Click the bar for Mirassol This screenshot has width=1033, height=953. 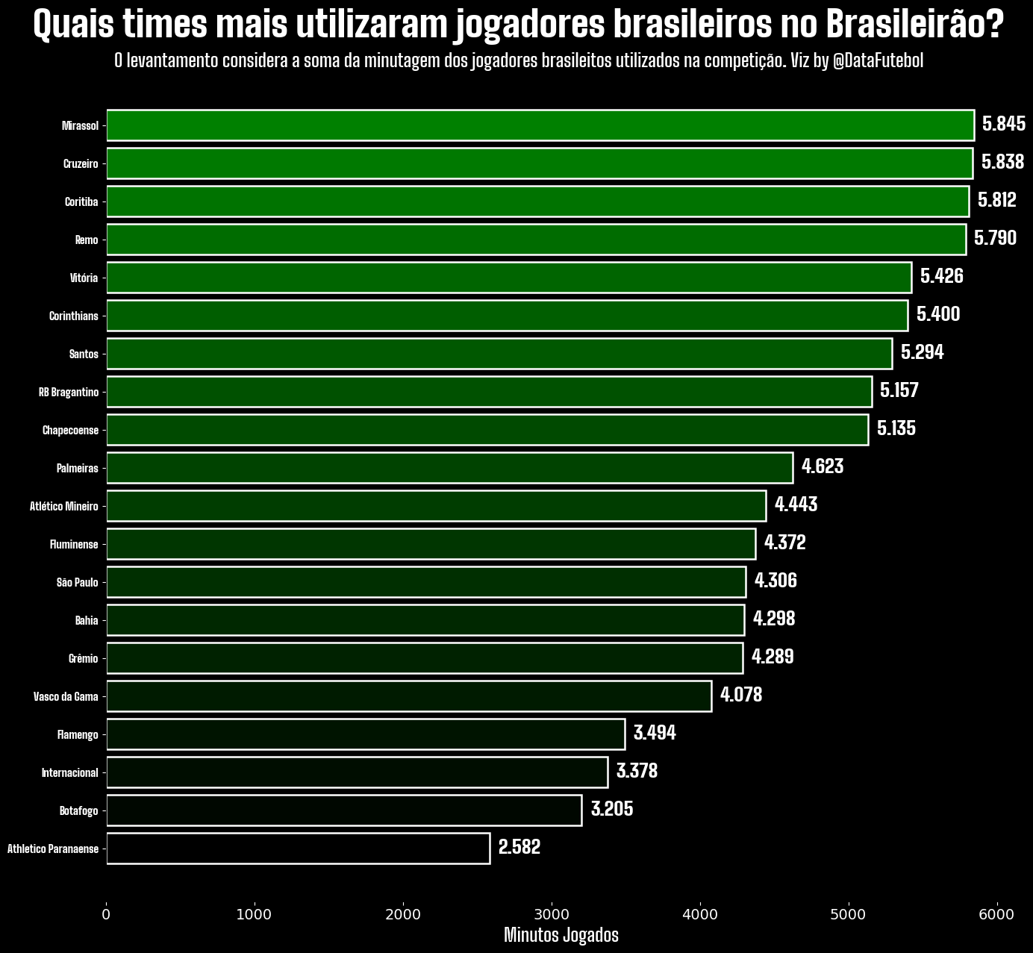(540, 125)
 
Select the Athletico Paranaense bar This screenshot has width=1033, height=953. (299, 849)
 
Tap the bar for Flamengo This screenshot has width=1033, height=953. (366, 734)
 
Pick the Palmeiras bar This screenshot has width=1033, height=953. (449, 468)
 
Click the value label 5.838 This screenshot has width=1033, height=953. (1002, 163)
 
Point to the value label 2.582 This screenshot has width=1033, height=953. (519, 848)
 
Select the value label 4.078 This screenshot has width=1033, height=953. (740, 696)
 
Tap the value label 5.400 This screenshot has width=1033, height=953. (937, 315)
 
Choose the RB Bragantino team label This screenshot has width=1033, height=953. (69, 392)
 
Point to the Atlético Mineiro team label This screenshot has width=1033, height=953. (64, 506)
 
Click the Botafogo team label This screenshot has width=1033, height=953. (78, 810)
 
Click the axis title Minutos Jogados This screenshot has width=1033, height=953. (561, 935)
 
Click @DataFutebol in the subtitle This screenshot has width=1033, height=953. (877, 61)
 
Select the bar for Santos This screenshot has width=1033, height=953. (499, 354)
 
